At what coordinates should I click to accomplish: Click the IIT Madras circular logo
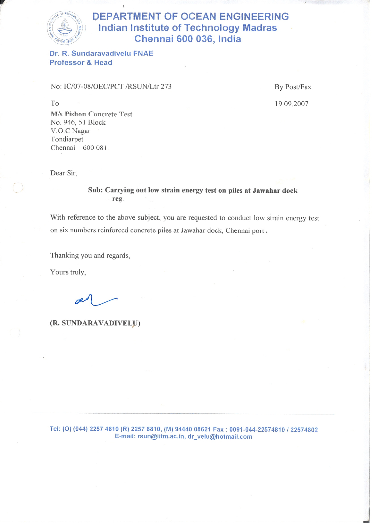coord(65,28)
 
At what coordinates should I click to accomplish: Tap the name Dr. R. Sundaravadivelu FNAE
coord(101,53)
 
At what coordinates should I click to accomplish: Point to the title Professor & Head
coord(81,63)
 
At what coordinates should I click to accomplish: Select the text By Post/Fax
coord(293,87)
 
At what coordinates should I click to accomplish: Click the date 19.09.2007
coord(292,104)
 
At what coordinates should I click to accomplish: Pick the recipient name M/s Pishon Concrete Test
coord(91,114)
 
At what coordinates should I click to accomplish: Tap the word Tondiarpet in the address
coord(67,139)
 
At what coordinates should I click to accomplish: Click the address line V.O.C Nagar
coord(70,131)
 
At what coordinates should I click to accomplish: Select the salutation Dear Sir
coord(63,173)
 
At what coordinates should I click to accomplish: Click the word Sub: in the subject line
coord(95,190)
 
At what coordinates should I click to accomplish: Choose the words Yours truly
coord(68,272)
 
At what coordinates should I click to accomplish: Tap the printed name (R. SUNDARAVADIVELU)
coord(95,323)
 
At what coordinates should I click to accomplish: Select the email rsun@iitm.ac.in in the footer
coord(161,437)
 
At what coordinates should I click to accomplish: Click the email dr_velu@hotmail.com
coord(220,437)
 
